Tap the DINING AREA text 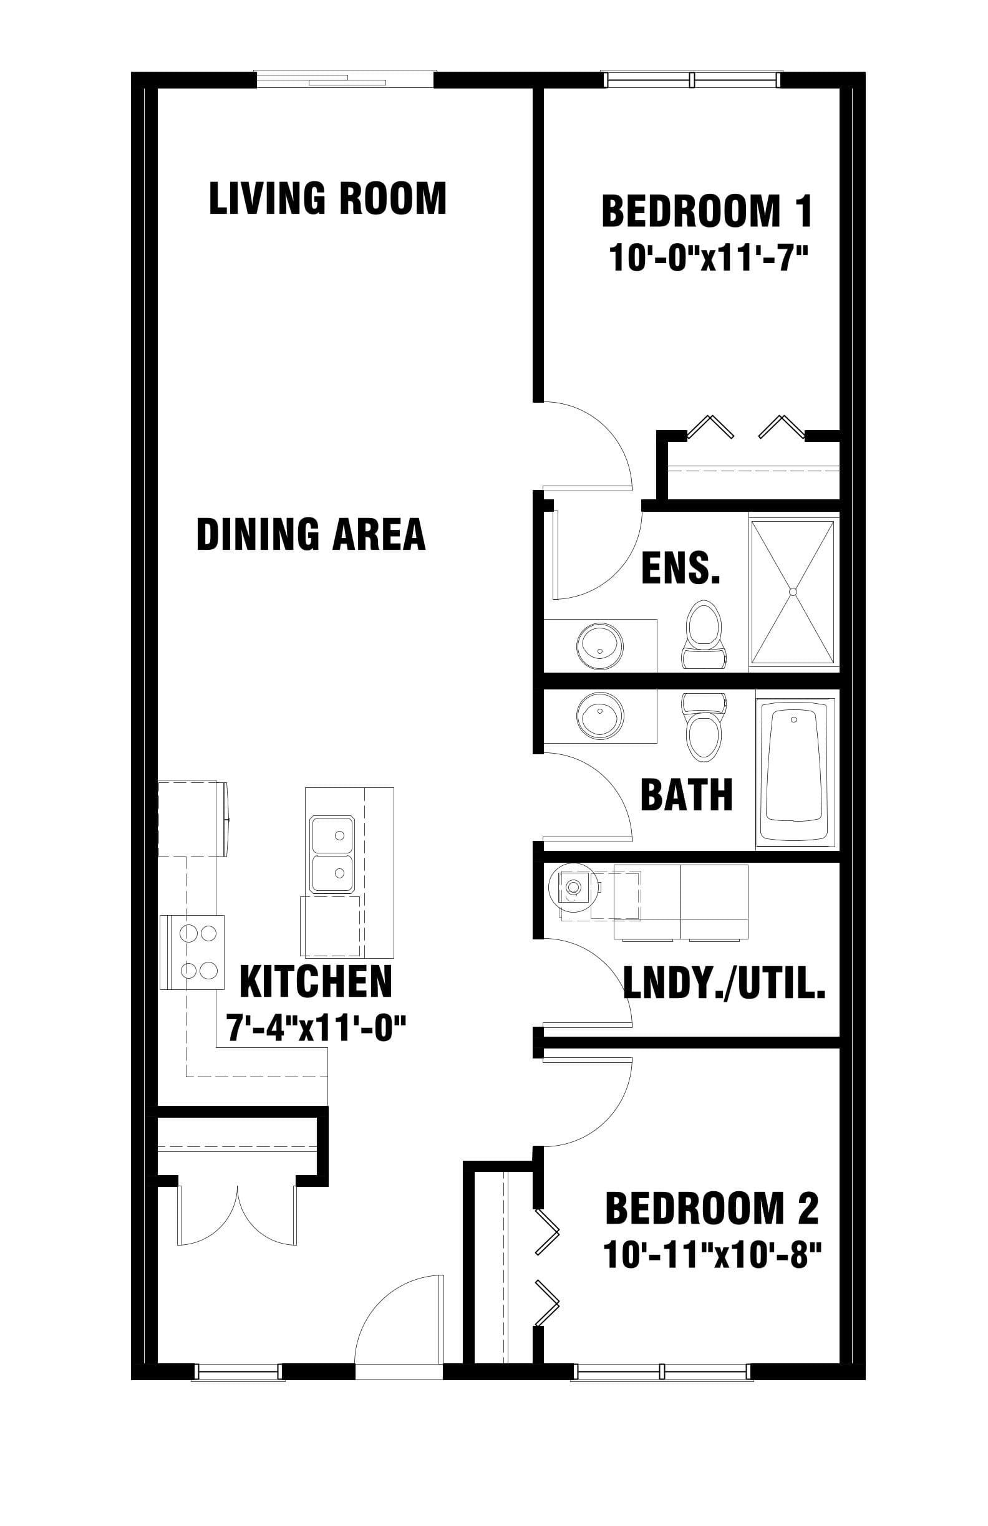click(311, 535)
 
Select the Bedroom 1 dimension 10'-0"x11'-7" click(708, 260)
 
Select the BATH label click(687, 795)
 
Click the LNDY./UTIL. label click(724, 984)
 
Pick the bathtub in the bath click(795, 772)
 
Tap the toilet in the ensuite click(704, 634)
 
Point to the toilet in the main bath click(704, 727)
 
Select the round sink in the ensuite click(599, 646)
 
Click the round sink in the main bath click(600, 714)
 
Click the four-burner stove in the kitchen click(193, 952)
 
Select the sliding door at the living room click(346, 80)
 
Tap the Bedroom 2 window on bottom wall click(662, 1371)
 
